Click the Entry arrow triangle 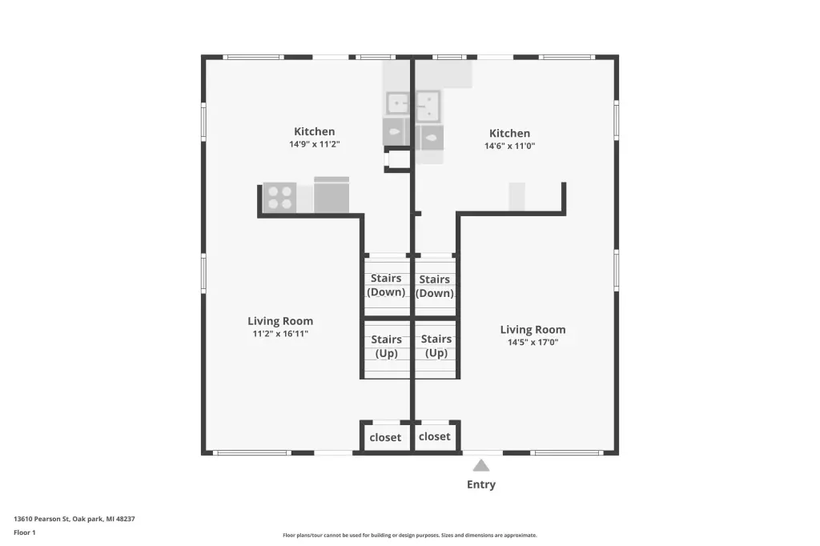point(481,465)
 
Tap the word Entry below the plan point(481,485)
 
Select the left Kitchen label point(314,132)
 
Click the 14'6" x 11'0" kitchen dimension point(509,146)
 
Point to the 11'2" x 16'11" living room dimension point(280,334)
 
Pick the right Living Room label point(533,330)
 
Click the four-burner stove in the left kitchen point(279,197)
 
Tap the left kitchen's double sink point(397,103)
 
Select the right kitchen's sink point(428,106)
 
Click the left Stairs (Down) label point(386,285)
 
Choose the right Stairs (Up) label point(436,346)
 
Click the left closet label point(385,438)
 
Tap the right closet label point(435,436)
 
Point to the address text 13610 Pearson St point(42,519)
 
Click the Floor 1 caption point(25,532)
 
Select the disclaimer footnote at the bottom point(410,535)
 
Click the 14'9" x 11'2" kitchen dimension point(314,144)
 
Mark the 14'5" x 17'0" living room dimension point(533,343)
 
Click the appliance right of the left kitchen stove point(332,195)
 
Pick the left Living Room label point(280,321)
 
